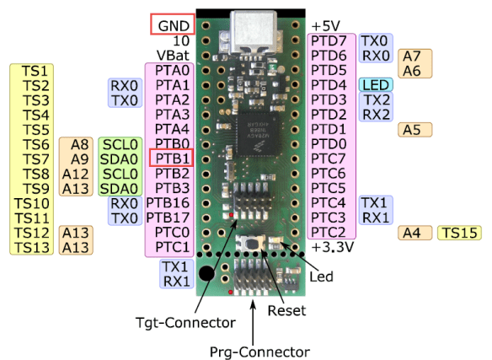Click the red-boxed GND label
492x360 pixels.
coord(173,24)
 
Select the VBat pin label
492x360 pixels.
coord(174,55)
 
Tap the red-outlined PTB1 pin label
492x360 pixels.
coord(171,158)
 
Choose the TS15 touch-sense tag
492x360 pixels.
coord(459,232)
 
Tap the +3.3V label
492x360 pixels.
coord(332,247)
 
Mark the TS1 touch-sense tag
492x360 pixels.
coord(35,70)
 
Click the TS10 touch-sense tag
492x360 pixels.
coord(34,202)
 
